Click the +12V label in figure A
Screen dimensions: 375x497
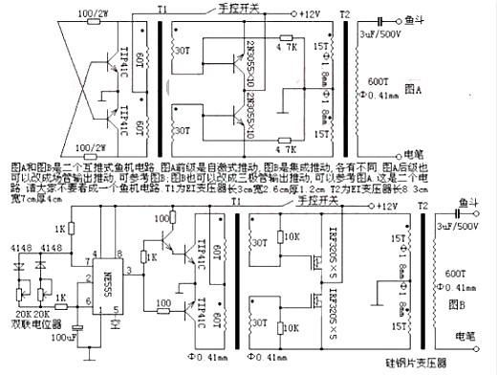click(307, 15)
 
